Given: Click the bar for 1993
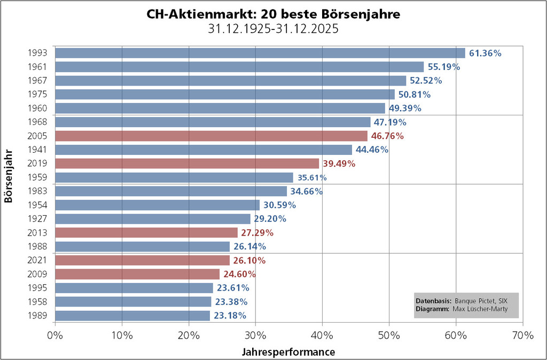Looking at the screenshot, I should tap(260, 53).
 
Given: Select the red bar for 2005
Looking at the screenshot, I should tap(211, 136).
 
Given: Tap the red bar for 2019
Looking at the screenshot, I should tap(187, 163).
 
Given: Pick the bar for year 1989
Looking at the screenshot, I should tap(132, 316).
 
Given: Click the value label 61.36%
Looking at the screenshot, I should tap(485, 53).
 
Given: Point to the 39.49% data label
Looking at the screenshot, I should tap(339, 164).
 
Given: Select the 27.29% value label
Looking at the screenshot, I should tap(257, 233).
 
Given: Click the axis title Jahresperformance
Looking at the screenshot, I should tap(288, 352).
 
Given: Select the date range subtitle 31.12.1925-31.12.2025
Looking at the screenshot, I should tap(273, 29).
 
